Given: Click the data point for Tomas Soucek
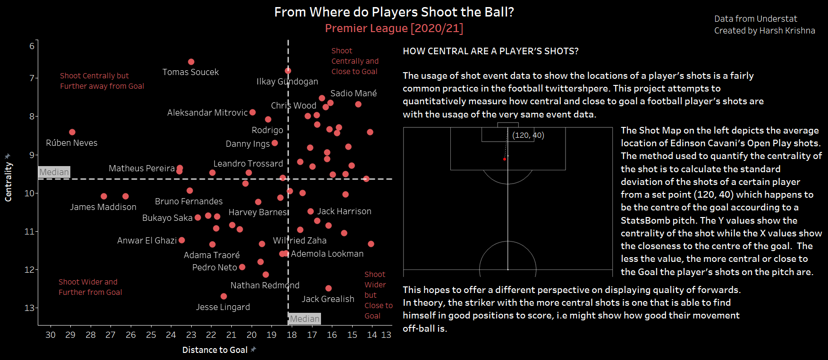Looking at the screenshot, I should [x=191, y=62].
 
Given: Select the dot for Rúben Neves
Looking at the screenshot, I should [x=72, y=132].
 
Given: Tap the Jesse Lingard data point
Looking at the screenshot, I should [x=224, y=296].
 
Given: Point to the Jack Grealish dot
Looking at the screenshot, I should [x=329, y=288].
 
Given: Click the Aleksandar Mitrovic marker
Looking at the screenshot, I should [x=253, y=112].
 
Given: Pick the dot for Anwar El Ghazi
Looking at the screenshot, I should [x=182, y=240].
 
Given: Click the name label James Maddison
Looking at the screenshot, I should [x=103, y=207].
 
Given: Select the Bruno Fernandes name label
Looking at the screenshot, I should [x=189, y=201].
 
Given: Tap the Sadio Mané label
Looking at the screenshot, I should [x=354, y=93].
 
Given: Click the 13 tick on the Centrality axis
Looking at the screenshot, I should [x=30, y=308].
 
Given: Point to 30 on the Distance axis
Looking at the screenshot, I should [x=51, y=335].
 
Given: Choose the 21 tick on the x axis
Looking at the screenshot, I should [x=231, y=335].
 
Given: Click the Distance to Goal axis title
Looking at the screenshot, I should [x=215, y=350].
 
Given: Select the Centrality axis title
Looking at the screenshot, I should [x=8, y=182].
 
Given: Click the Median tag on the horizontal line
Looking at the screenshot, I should [x=54, y=172].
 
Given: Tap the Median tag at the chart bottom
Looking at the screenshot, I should [x=304, y=319].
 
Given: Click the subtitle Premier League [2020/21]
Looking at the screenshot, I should [x=394, y=28].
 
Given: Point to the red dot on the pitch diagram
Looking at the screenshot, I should [x=505, y=159].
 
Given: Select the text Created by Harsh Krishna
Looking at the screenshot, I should [x=764, y=31].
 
